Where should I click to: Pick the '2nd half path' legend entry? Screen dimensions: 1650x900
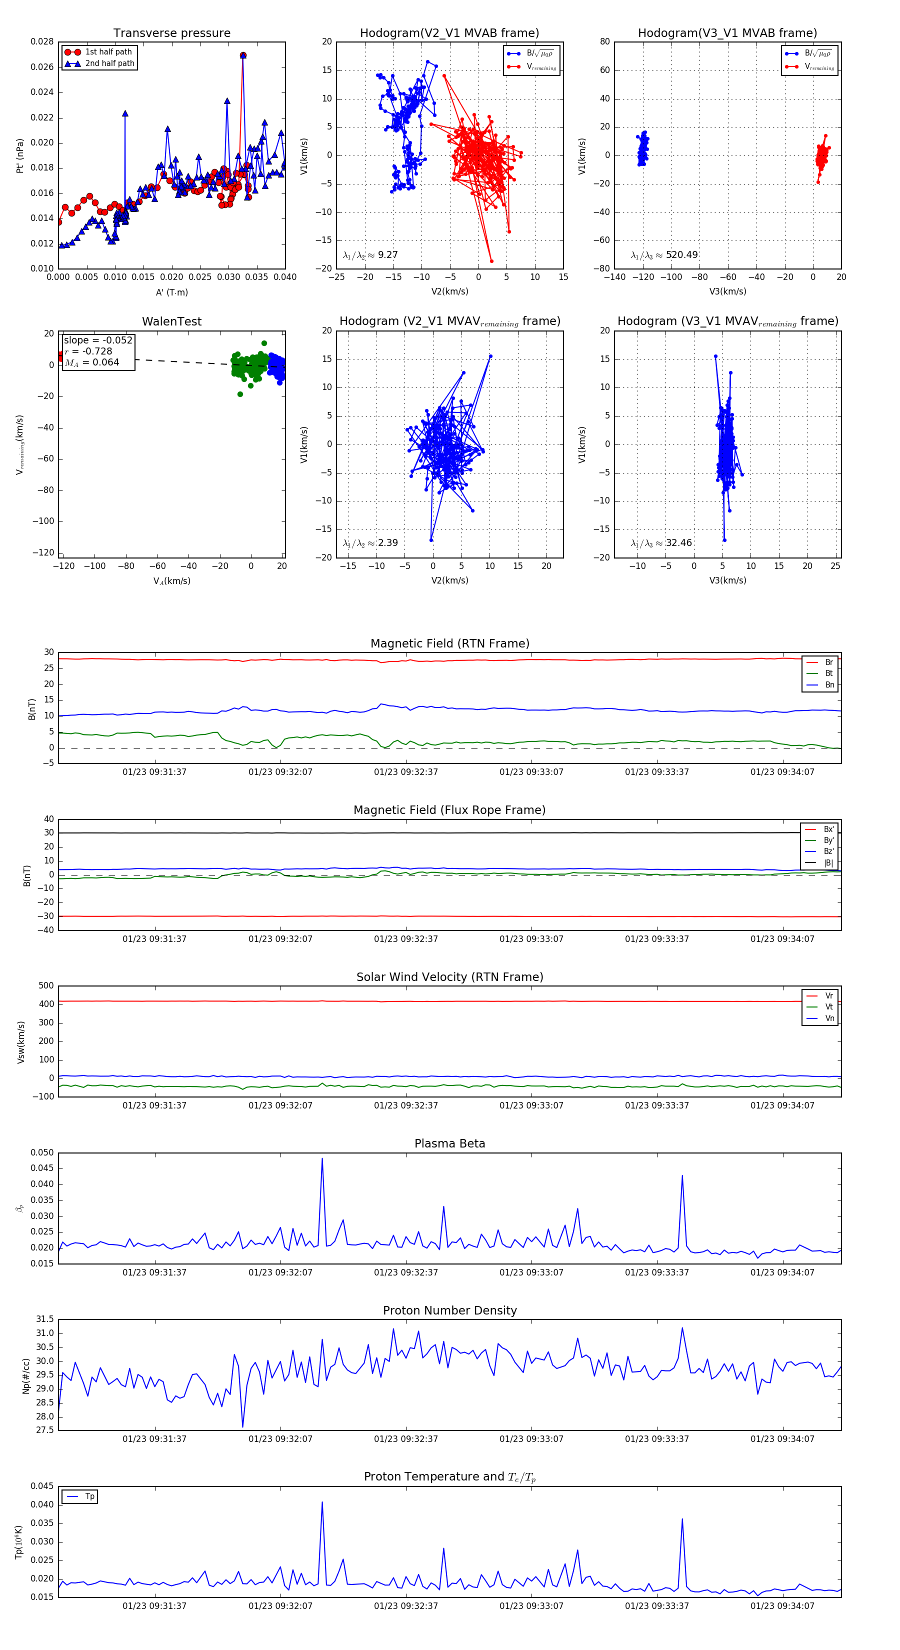pyautogui.click(x=109, y=63)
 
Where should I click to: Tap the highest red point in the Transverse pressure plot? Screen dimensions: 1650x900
pyautogui.click(x=243, y=55)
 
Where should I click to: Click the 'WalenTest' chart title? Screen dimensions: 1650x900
pyautogui.click(x=171, y=321)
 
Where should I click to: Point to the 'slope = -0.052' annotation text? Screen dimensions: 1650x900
pyautogui.click(x=98, y=340)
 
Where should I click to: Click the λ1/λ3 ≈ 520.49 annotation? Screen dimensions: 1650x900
pyautogui.click(x=664, y=255)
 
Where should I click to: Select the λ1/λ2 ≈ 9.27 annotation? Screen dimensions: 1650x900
pyautogui.click(x=370, y=255)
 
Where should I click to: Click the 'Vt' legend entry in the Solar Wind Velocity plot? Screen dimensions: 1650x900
pyautogui.click(x=829, y=1007)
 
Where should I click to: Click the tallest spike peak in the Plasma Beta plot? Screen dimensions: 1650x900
pyautogui.click(x=321, y=1158)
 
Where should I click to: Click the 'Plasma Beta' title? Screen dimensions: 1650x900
pyautogui.click(x=449, y=1143)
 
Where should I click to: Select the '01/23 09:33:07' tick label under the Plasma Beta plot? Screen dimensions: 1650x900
pyautogui.click(x=531, y=1272)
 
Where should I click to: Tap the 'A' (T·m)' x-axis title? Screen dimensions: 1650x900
pyautogui.click(x=171, y=292)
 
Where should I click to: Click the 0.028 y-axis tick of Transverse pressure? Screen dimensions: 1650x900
pyautogui.click(x=42, y=42)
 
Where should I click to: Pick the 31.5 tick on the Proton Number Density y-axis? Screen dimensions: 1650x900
pyautogui.click(x=45, y=1319)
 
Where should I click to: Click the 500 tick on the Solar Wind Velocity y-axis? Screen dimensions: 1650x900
pyautogui.click(x=46, y=986)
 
